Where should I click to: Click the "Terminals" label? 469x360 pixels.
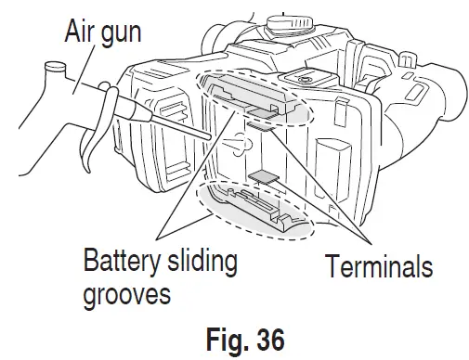[378, 268]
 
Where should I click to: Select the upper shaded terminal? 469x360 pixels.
[259, 125]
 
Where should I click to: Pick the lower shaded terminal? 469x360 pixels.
[266, 177]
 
